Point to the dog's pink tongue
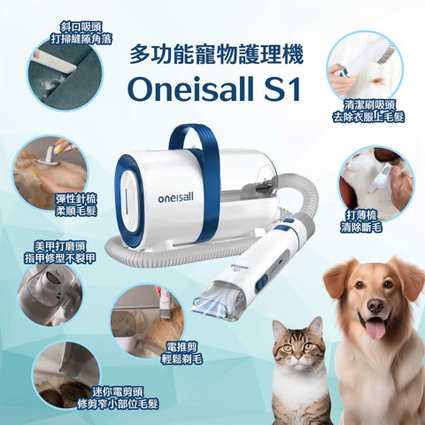pyautogui.click(x=375, y=330)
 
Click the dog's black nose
pyautogui.click(x=375, y=306)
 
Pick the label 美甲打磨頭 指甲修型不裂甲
pyautogui.click(x=63, y=252)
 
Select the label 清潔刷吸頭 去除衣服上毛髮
pyautogui.click(x=365, y=108)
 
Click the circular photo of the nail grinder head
pyautogui.click(x=53, y=292)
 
